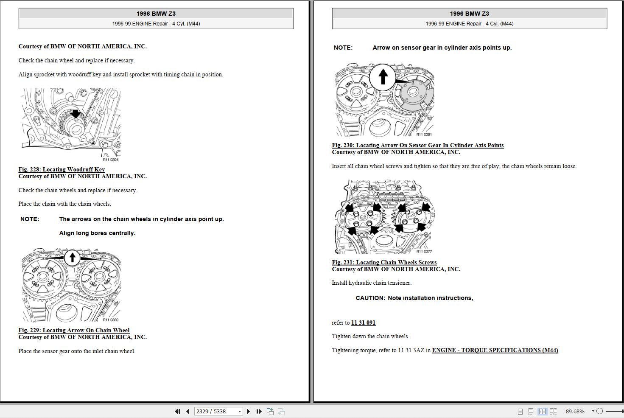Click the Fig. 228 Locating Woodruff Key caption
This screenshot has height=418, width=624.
[x=62, y=169]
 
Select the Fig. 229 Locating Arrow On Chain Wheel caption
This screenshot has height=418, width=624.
[x=74, y=330]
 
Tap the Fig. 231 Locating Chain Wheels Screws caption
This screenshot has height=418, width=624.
[x=384, y=262]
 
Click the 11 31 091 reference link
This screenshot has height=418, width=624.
[x=363, y=323]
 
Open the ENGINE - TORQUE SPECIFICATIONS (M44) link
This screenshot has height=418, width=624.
[x=495, y=350]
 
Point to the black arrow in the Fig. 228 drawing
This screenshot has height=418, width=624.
[x=76, y=114]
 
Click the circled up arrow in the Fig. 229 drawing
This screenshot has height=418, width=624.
[x=72, y=257]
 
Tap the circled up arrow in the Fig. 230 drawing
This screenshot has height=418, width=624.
[x=383, y=77]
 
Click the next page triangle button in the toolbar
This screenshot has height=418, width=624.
[x=248, y=411]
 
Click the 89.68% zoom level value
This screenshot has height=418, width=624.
[x=575, y=411]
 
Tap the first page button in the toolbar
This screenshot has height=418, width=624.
[x=177, y=411]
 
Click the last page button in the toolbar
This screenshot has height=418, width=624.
[x=259, y=411]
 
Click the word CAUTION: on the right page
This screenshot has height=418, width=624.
[x=370, y=298]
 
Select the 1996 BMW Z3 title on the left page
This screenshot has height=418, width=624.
[x=156, y=14]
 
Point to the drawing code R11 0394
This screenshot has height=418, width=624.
[x=111, y=160]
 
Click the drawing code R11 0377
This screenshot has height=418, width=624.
[x=424, y=252]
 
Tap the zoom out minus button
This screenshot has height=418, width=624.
[x=599, y=411]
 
